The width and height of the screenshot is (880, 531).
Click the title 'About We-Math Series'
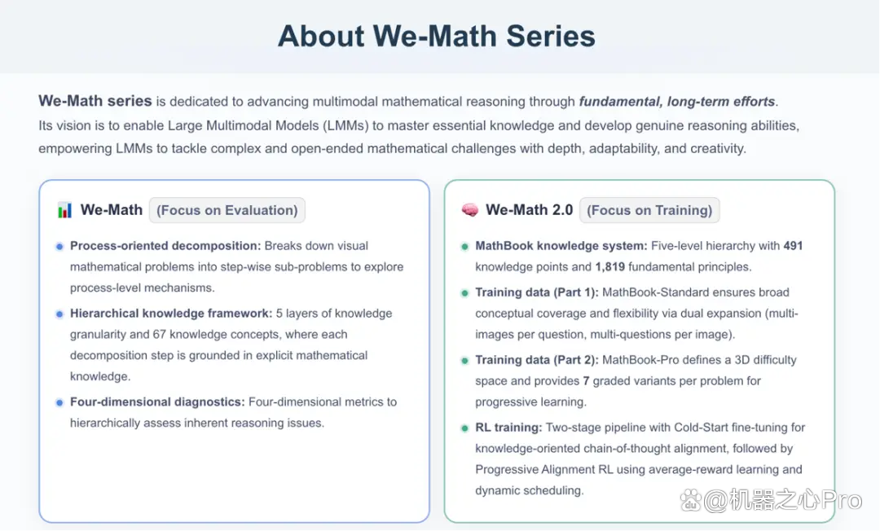click(x=437, y=36)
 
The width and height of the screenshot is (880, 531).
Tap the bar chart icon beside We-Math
click(x=64, y=210)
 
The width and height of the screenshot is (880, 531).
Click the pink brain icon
click(x=470, y=210)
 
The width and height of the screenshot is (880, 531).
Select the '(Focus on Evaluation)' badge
click(x=227, y=210)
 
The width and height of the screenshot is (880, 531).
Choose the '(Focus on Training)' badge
click(x=649, y=210)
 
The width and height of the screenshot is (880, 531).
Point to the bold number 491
click(x=793, y=246)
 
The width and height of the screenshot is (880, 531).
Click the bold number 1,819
click(x=610, y=267)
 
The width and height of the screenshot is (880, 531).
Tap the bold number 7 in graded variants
click(x=586, y=381)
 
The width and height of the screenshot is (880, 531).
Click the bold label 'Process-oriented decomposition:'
click(x=165, y=246)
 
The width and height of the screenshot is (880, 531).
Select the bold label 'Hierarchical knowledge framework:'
click(x=171, y=314)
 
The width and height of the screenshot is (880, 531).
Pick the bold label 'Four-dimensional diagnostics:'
click(x=158, y=402)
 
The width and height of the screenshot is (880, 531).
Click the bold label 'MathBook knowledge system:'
click(x=561, y=246)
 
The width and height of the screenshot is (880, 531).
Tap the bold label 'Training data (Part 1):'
click(x=537, y=292)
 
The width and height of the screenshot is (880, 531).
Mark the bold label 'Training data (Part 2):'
click(x=537, y=360)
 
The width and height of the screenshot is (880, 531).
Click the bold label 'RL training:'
click(x=508, y=428)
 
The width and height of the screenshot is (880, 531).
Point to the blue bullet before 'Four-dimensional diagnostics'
click(x=59, y=402)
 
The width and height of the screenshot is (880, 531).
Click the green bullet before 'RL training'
click(x=464, y=428)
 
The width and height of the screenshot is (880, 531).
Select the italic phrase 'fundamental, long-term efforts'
click(x=677, y=102)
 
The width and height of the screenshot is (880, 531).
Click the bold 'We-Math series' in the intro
click(x=95, y=101)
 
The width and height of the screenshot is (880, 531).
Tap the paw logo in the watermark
click(x=690, y=501)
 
